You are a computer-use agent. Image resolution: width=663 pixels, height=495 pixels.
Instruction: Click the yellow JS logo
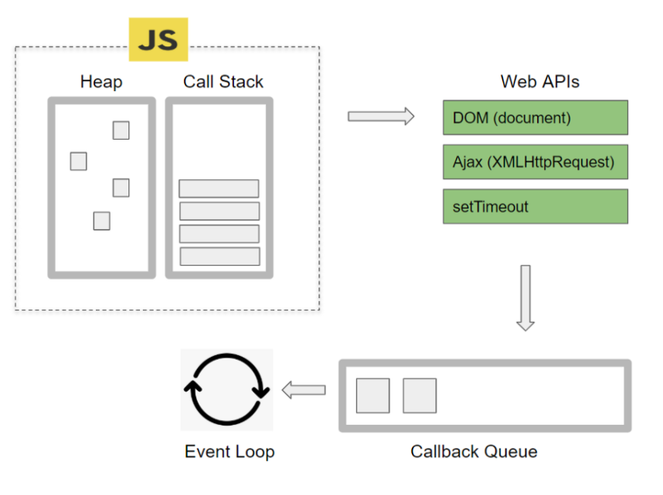pyautogui.click(x=158, y=39)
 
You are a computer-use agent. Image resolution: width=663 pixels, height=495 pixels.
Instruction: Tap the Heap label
pyautogui.click(x=101, y=82)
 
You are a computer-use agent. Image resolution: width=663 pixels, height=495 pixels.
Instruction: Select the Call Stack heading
pyautogui.click(x=223, y=82)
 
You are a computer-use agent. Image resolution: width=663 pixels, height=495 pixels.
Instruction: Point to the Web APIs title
pyautogui.click(x=540, y=82)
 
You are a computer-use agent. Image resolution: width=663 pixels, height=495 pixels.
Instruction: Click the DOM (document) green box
pyautogui.click(x=535, y=117)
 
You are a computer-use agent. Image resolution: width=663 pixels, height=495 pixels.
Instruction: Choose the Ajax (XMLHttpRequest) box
pyautogui.click(x=535, y=162)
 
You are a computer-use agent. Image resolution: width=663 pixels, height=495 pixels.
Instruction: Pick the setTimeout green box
pyautogui.click(x=535, y=206)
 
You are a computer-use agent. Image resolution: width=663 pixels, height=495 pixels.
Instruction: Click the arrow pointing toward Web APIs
pyautogui.click(x=381, y=117)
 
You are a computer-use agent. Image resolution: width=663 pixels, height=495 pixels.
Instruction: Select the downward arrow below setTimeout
pyautogui.click(x=525, y=298)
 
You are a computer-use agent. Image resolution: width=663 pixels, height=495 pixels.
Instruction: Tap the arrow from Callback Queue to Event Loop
pyautogui.click(x=304, y=390)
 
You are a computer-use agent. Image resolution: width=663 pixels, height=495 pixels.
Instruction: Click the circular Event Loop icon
pyautogui.click(x=227, y=389)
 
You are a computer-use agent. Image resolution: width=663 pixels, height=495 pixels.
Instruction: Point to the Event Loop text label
pyautogui.click(x=229, y=452)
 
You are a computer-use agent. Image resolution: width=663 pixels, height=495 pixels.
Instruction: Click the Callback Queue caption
pyautogui.click(x=474, y=452)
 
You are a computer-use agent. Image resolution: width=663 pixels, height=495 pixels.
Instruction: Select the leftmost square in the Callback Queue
pyautogui.click(x=373, y=395)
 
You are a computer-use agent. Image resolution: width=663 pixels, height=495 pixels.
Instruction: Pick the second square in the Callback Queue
pyautogui.click(x=420, y=395)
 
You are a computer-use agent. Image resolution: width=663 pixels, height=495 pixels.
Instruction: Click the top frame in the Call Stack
pyautogui.click(x=219, y=188)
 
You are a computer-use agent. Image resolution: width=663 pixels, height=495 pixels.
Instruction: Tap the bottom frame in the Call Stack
pyautogui.click(x=220, y=256)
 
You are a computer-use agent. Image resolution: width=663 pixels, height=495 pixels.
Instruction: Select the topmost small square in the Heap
pyautogui.click(x=121, y=131)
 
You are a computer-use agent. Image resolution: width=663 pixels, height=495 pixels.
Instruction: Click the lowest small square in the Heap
pyautogui.click(x=101, y=221)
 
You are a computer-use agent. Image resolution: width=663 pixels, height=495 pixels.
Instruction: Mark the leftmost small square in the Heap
pyautogui.click(x=79, y=161)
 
